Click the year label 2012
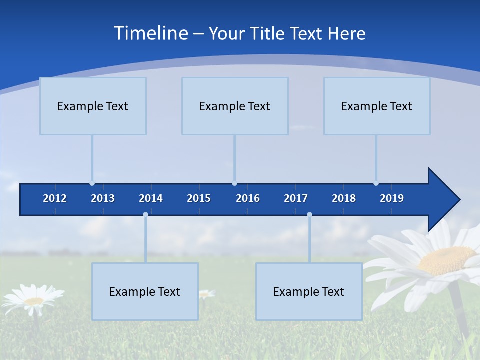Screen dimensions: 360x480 (55, 198)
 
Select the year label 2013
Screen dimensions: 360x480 (103, 198)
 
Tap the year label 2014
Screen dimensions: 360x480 (151, 198)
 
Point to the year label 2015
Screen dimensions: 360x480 (199, 198)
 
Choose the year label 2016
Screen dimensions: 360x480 (248, 198)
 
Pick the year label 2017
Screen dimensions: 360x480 (296, 198)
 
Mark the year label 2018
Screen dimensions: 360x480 (344, 198)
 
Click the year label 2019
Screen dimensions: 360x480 (392, 198)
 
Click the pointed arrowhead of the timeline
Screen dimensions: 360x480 (444, 199)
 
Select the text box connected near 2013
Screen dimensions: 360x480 (93, 106)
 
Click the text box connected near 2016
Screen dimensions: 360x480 (235, 106)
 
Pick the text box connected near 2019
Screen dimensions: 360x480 (377, 106)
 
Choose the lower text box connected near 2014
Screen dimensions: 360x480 (145, 291)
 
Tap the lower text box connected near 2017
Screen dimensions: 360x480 (309, 291)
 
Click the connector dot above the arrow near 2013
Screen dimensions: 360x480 (92, 183)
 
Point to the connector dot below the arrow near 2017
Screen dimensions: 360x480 (309, 215)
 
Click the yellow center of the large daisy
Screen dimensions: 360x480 (446, 260)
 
